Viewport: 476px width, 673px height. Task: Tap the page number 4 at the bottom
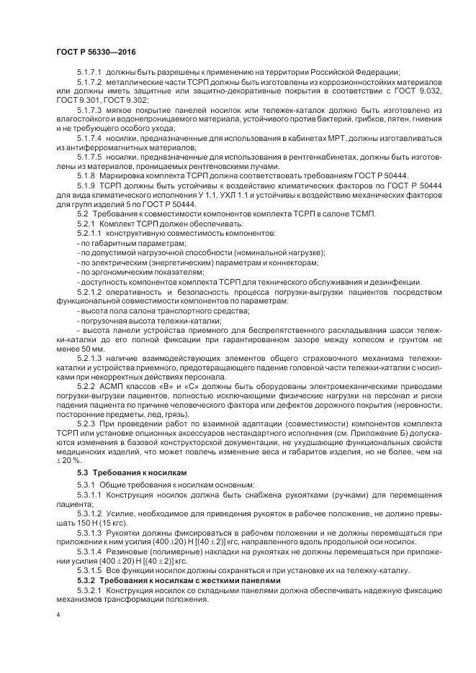click(x=58, y=615)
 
